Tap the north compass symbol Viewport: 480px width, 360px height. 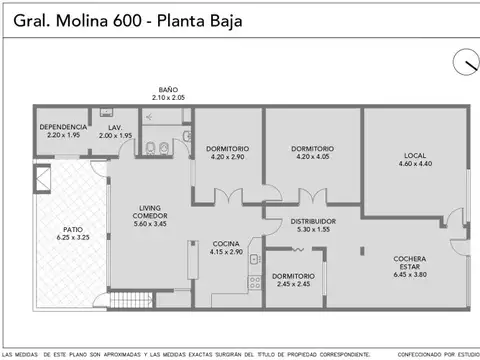tap(465, 62)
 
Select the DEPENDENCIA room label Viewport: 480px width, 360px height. tap(63, 128)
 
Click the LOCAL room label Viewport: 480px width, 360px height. tap(415, 155)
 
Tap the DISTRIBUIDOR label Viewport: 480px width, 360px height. tap(312, 221)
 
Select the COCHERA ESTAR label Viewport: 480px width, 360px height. tap(415, 263)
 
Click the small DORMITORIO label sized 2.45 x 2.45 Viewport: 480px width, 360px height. tap(293, 276)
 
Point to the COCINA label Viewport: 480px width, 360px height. tap(226, 244)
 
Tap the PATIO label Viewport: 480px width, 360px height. tap(73, 230)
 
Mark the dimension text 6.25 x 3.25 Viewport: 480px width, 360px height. tap(73, 238)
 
